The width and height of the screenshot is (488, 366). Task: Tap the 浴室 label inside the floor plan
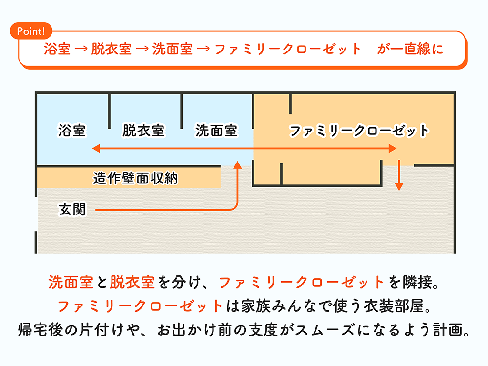(72, 130)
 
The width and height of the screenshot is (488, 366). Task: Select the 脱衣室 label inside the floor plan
(143, 130)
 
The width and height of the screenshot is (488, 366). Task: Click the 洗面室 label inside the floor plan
(216, 130)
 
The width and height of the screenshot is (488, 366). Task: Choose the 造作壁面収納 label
(135, 178)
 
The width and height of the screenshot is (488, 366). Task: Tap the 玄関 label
(72, 209)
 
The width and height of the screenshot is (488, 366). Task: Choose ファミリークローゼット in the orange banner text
(288, 49)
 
